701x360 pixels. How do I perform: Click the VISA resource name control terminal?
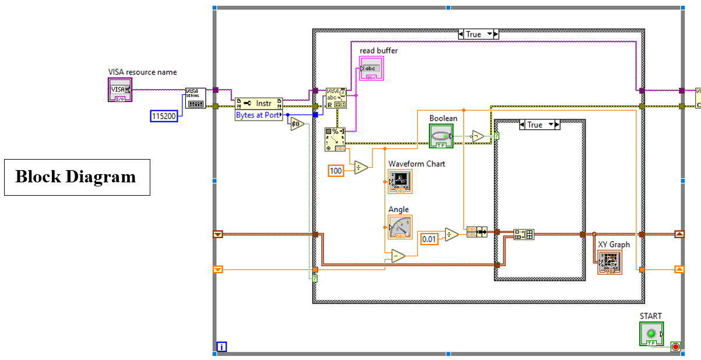(x=120, y=90)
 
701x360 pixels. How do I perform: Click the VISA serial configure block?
(x=195, y=98)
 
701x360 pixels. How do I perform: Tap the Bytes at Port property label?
(x=258, y=115)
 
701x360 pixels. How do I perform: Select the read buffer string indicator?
(x=371, y=69)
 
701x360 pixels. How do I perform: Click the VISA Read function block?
(x=336, y=98)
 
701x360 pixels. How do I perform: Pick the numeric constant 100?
(x=336, y=170)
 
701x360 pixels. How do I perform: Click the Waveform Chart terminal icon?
(x=400, y=182)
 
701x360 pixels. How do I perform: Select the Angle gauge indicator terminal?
(x=400, y=227)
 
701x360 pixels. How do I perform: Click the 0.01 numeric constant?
(x=429, y=239)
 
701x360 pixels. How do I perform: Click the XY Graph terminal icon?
(x=610, y=263)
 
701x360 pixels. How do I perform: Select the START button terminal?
(x=651, y=334)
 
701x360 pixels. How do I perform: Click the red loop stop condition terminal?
(x=675, y=347)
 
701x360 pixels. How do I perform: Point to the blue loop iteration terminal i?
(x=221, y=347)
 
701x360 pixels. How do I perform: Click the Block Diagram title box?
(x=77, y=177)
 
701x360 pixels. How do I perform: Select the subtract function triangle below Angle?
(x=398, y=256)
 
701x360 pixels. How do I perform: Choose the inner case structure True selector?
(x=539, y=125)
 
